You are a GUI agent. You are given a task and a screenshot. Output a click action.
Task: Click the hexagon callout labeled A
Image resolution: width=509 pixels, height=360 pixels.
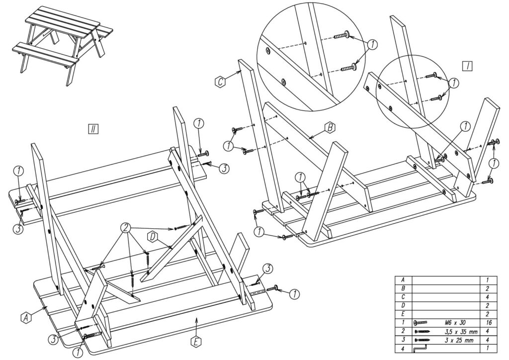tap(26, 317)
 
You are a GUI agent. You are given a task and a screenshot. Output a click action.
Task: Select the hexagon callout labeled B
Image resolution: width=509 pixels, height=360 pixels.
tap(330, 128)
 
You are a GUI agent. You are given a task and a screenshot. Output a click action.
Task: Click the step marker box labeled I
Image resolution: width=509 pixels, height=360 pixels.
tap(467, 66)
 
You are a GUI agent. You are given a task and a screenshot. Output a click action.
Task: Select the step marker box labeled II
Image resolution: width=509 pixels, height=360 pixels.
tap(93, 129)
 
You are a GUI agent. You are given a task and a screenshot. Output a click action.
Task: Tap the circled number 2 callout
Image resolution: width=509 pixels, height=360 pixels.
tap(126, 228)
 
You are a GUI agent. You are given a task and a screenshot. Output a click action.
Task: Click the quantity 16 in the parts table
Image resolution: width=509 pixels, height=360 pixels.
tap(489, 323)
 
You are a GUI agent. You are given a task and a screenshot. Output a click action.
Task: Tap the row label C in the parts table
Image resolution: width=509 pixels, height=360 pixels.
tap(403, 297)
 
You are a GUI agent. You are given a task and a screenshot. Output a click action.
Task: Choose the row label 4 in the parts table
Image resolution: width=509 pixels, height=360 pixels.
tap(403, 349)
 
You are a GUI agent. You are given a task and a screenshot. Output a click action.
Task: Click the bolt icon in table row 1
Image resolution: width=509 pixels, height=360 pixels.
tap(421, 323)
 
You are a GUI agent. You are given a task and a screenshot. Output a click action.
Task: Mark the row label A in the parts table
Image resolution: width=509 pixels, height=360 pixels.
tap(403, 279)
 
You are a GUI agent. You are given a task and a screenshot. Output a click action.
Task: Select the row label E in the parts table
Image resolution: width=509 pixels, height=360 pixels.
tap(403, 314)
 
